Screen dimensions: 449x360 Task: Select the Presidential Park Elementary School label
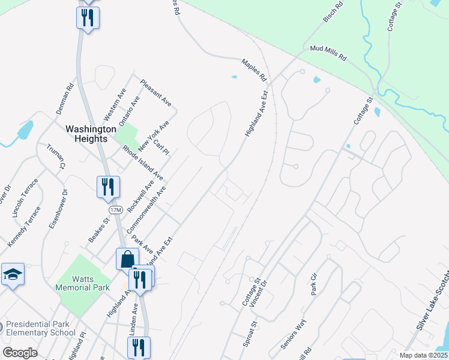(x=41, y=328)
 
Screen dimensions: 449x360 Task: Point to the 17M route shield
(x=116, y=209)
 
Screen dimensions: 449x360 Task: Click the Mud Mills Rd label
(x=328, y=53)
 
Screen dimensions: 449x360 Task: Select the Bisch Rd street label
(x=333, y=12)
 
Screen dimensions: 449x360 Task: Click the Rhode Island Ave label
(x=142, y=162)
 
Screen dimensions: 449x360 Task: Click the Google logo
(x=20, y=353)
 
